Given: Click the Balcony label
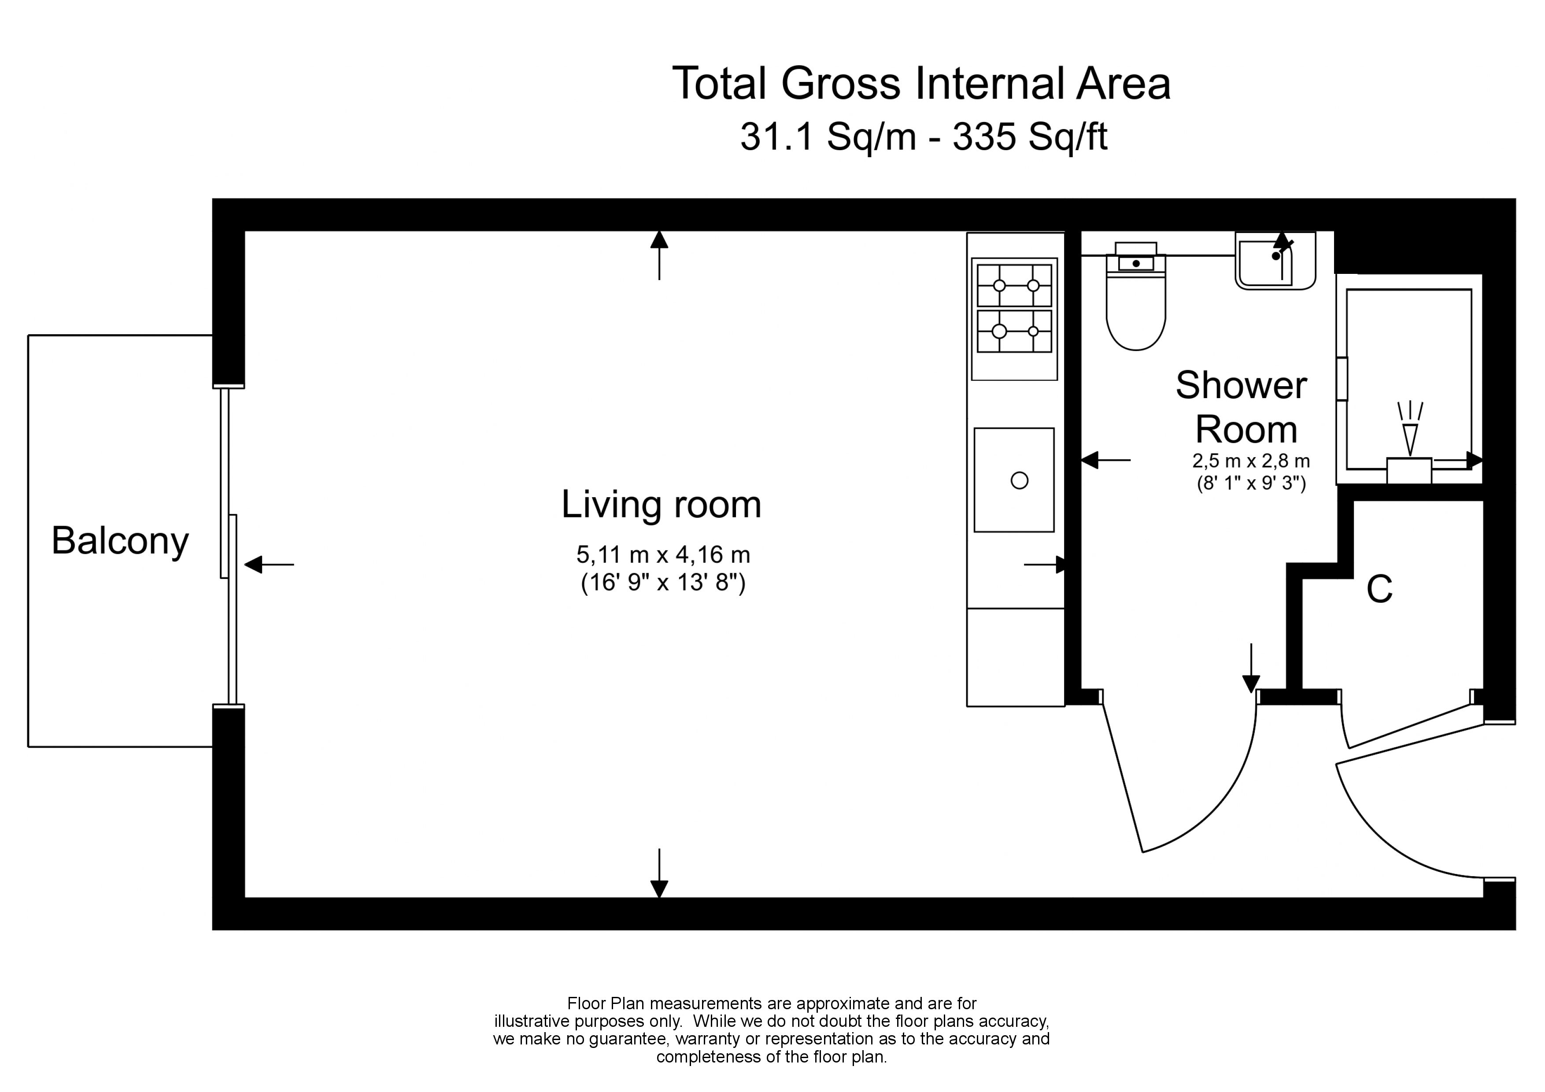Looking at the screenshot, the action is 120,542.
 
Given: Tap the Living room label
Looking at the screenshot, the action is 662,505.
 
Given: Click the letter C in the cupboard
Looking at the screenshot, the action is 1379,590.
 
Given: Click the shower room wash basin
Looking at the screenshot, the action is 1275,261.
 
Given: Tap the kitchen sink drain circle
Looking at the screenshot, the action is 1020,480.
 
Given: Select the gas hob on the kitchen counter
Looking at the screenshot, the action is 1014,319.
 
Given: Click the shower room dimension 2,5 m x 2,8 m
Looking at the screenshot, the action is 1251,461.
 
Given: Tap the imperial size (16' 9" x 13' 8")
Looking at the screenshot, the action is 663,583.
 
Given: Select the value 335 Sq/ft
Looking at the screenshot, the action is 1030,137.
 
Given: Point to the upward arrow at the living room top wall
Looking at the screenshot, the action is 659,256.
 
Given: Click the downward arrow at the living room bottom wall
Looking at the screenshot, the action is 659,873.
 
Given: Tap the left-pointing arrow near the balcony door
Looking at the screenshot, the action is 269,564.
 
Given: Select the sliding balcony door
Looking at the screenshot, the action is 229,546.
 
